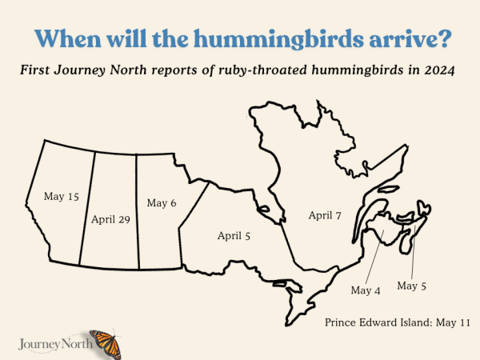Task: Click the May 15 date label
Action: click(61, 195)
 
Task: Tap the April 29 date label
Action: click(110, 218)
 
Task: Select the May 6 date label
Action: click(161, 202)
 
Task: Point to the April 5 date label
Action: click(234, 235)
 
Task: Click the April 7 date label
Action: click(325, 215)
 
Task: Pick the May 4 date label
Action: click(366, 290)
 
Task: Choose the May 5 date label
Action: click(412, 285)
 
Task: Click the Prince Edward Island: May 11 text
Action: click(398, 322)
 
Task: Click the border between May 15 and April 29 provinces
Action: click(87, 208)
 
